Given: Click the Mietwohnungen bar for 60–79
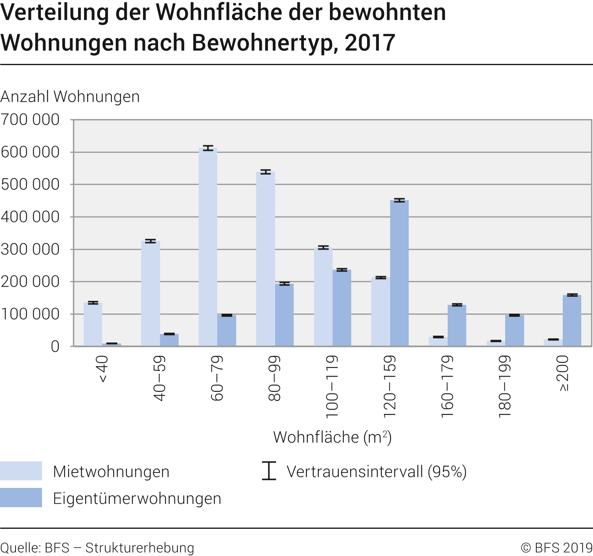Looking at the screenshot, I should pos(208,247).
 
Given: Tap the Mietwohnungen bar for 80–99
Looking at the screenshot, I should pos(265,259).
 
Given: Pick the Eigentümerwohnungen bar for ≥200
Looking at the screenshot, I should pos(572,320).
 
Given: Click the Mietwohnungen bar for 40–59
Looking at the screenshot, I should pos(150,294).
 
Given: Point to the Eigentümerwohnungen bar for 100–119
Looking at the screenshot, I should pos(342,308).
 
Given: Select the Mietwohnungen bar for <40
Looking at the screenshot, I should pos(93,324).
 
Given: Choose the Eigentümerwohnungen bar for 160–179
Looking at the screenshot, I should pos(457,325).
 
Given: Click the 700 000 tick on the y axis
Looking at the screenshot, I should pos(30,120).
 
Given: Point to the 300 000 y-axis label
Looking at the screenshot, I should pos(30,249).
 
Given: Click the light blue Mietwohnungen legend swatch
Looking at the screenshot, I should pos(21,471).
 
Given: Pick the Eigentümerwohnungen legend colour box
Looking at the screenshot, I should pos(21,497).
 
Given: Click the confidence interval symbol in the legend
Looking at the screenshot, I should pos(269,471).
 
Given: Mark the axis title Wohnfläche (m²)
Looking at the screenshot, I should pos(332,437).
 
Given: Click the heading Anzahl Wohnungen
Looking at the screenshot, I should pos(70,97).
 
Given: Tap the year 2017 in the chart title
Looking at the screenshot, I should pos(370,42).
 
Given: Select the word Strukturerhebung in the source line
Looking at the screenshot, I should pos(140,548).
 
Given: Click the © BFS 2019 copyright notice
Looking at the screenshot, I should pos(556,548).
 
